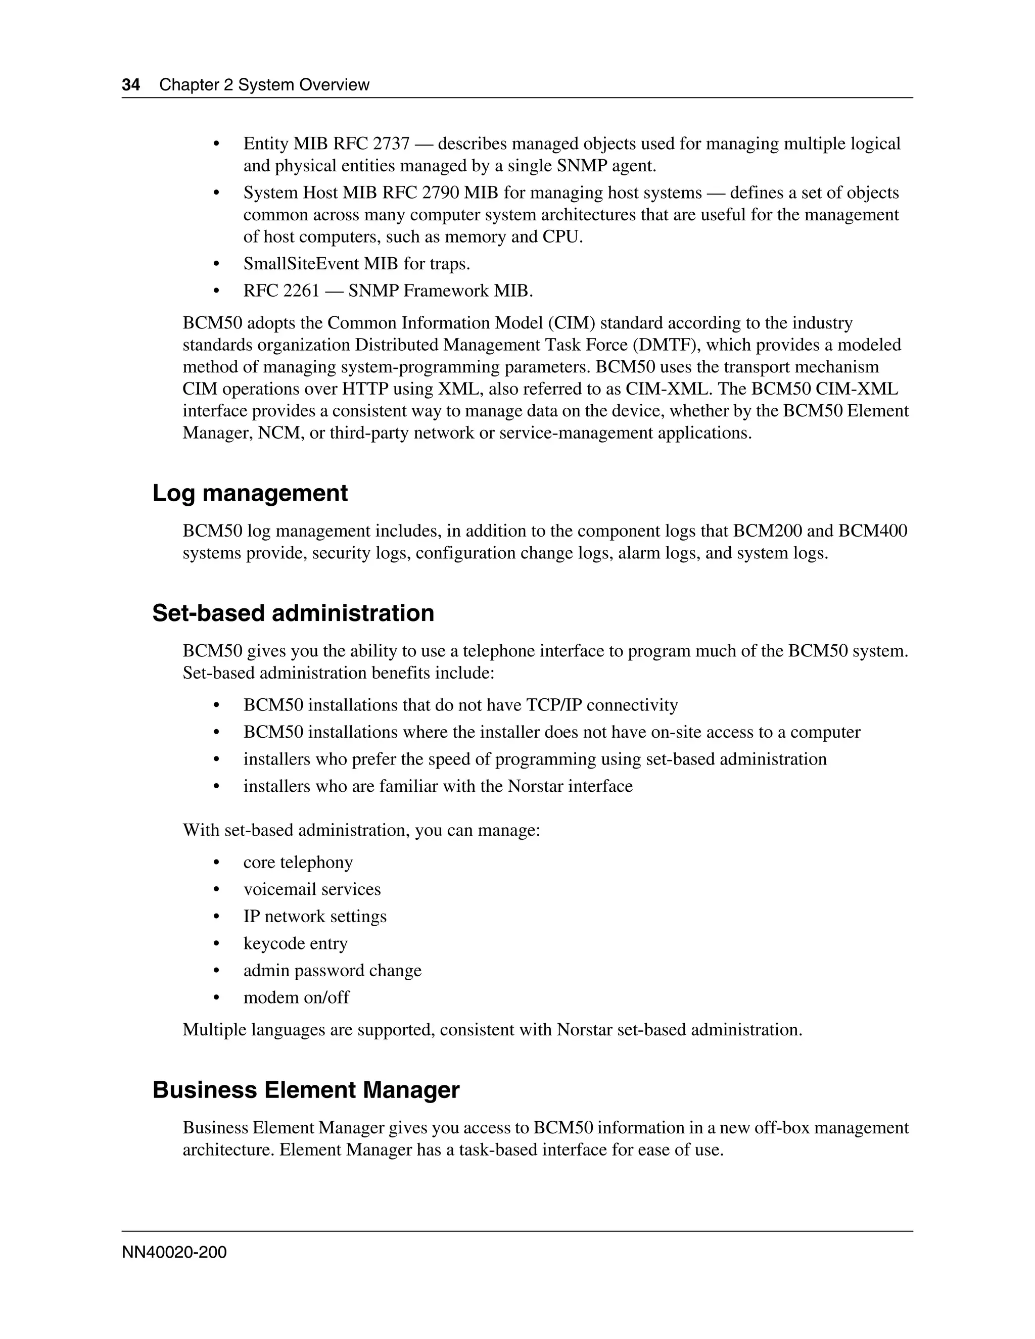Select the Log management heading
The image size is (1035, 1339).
(250, 494)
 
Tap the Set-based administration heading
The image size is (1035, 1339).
(293, 613)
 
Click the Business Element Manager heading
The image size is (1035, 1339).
(306, 1089)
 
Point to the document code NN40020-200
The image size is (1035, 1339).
(174, 1252)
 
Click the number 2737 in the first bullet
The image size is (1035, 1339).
(391, 144)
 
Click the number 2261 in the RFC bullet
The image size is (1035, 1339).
(301, 291)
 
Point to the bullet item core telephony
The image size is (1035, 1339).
(298, 862)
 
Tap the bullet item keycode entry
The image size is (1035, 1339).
(295, 943)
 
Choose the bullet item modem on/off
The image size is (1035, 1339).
(296, 997)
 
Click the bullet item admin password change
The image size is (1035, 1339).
(333, 970)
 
